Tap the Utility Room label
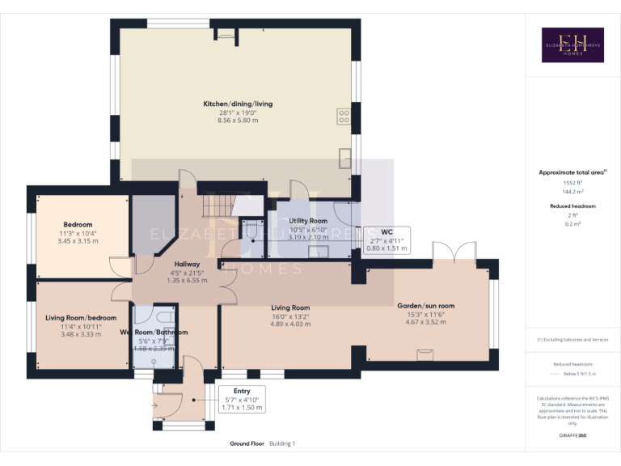click(x=308, y=221)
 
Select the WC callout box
click(x=387, y=239)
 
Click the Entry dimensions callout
click(x=241, y=400)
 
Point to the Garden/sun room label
click(x=425, y=306)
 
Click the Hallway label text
click(x=187, y=264)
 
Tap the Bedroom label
click(x=78, y=224)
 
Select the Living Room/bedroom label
click(x=81, y=318)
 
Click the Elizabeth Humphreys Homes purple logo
click(x=572, y=45)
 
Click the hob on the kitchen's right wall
click(x=344, y=116)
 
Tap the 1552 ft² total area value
click(x=572, y=183)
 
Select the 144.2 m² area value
click(x=572, y=192)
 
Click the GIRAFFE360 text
click(x=572, y=436)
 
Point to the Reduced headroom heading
click(x=572, y=206)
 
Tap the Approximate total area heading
click(x=571, y=172)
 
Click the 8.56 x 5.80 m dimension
click(x=238, y=120)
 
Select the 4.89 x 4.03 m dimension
click(x=290, y=324)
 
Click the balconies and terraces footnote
click(x=572, y=339)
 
